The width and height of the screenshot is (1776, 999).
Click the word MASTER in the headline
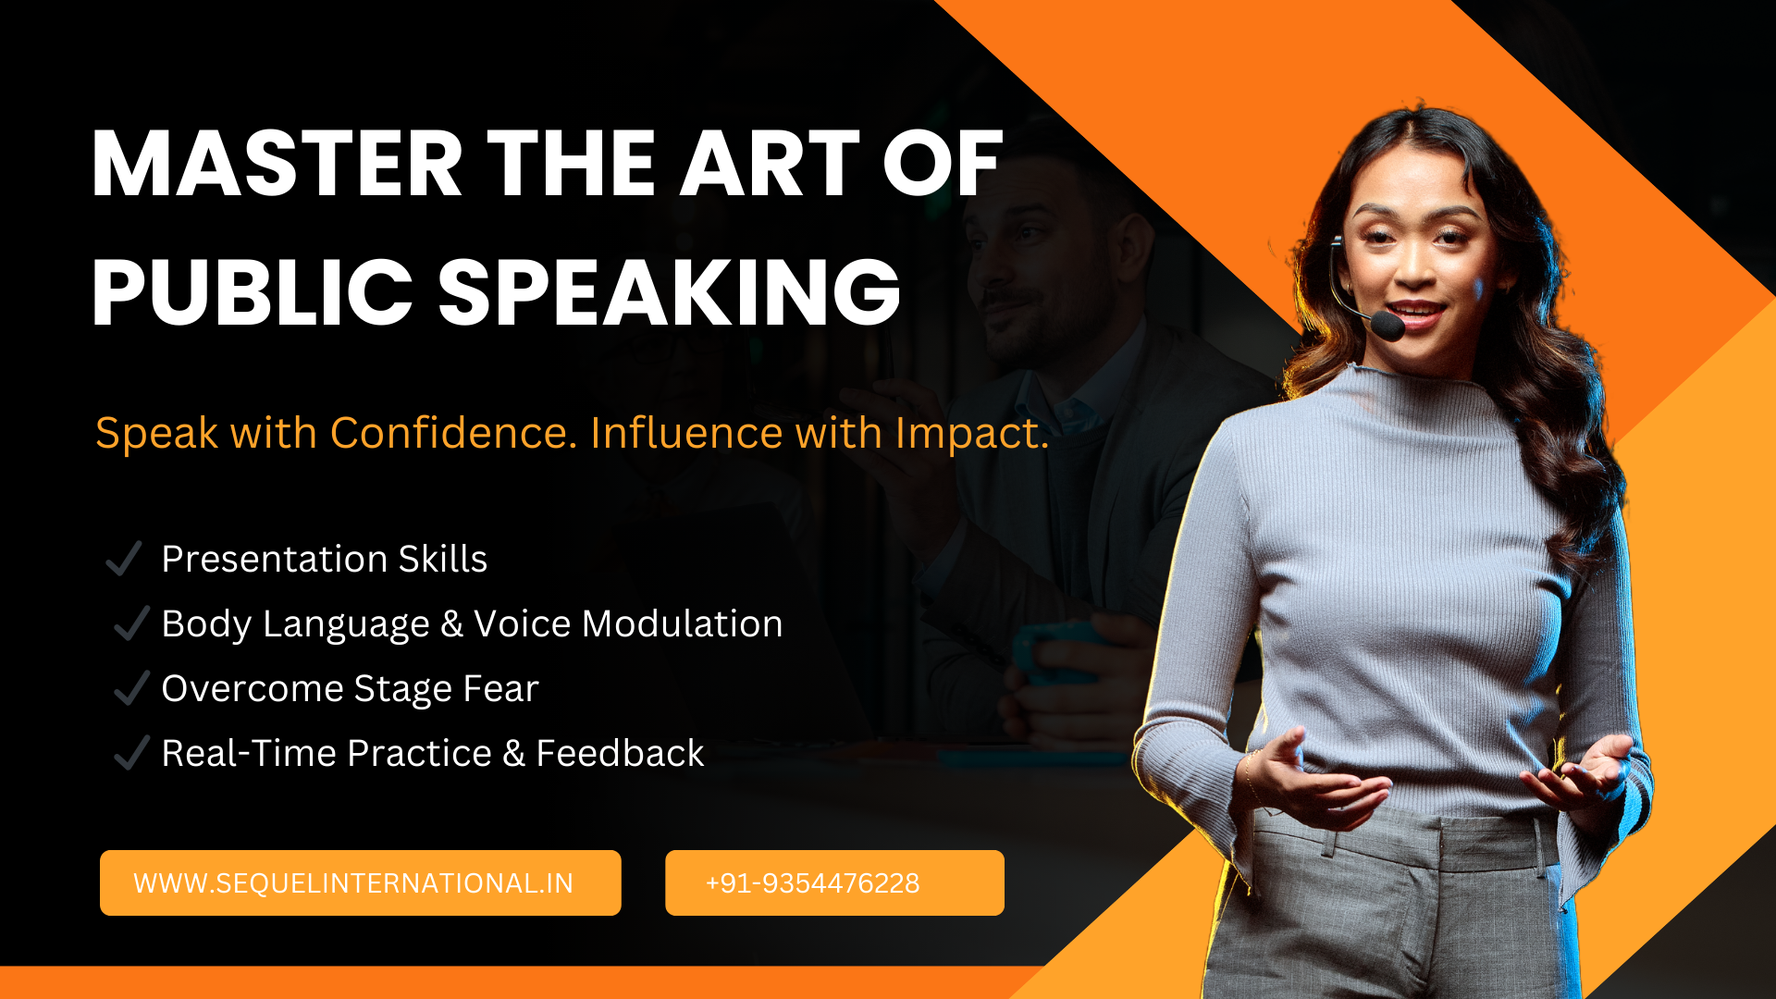pos(277,165)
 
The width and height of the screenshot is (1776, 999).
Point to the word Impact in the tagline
pos(971,433)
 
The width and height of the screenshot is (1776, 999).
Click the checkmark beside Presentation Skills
pos(124,559)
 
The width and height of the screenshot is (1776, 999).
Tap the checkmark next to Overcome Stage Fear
pos(131,688)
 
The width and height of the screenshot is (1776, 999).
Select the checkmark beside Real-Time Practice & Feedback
pos(131,753)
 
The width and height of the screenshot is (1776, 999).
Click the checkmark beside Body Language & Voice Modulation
pos(131,623)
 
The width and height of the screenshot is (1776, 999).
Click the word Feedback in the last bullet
pos(620,753)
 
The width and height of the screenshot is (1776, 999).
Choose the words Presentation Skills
pos(324,559)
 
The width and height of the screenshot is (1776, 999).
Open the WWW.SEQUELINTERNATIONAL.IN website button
pos(360,882)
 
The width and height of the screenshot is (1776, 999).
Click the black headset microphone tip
pos(1387,326)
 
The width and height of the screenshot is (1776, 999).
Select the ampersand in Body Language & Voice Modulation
pos(451,623)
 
